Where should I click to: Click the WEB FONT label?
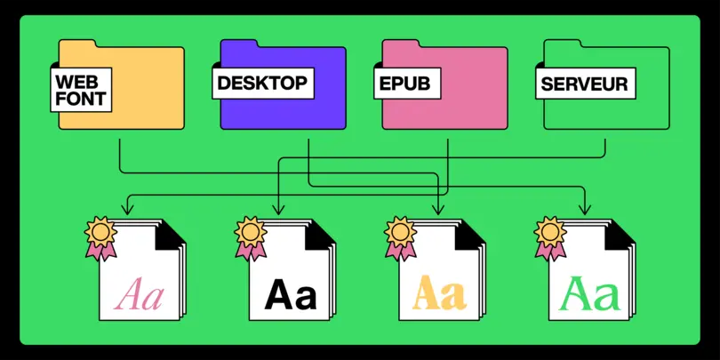tap(81, 90)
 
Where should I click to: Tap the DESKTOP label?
tap(261, 84)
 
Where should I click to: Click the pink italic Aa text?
tap(141, 294)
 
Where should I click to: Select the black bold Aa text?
tap(291, 294)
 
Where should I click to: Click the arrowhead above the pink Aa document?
tap(127, 210)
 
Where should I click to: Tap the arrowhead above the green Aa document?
tap(585, 210)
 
